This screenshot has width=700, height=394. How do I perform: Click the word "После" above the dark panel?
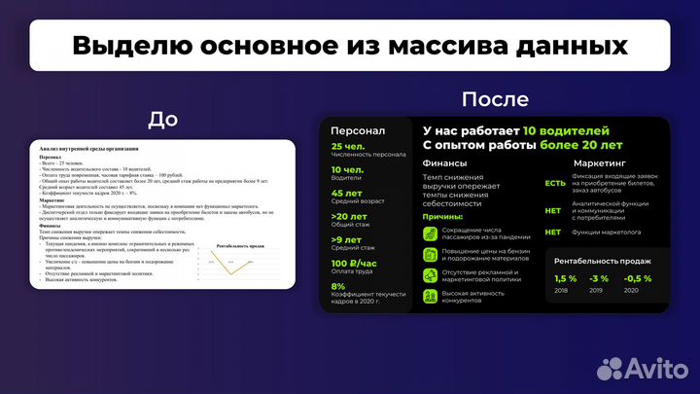[x=496, y=99]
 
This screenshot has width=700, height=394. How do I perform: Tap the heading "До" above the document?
[x=162, y=119]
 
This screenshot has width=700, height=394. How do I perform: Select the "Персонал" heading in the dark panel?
[x=358, y=130]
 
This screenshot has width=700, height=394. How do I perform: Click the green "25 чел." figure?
[x=347, y=145]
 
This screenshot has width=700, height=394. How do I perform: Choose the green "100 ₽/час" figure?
[x=355, y=263]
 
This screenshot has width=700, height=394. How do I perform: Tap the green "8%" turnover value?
[x=338, y=286]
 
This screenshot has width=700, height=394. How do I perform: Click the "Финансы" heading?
[x=444, y=163]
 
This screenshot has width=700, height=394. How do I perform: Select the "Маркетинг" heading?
[x=599, y=163]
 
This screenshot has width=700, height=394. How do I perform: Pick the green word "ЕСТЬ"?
[x=555, y=184]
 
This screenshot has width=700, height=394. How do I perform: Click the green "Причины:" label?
[x=444, y=217]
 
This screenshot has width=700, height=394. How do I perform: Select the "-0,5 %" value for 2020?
[x=638, y=279]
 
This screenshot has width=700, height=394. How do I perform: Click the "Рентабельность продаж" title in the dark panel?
[x=603, y=261]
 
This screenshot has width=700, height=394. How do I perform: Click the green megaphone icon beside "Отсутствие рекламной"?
[x=430, y=275]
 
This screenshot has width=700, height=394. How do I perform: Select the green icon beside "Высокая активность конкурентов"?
[x=430, y=297]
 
